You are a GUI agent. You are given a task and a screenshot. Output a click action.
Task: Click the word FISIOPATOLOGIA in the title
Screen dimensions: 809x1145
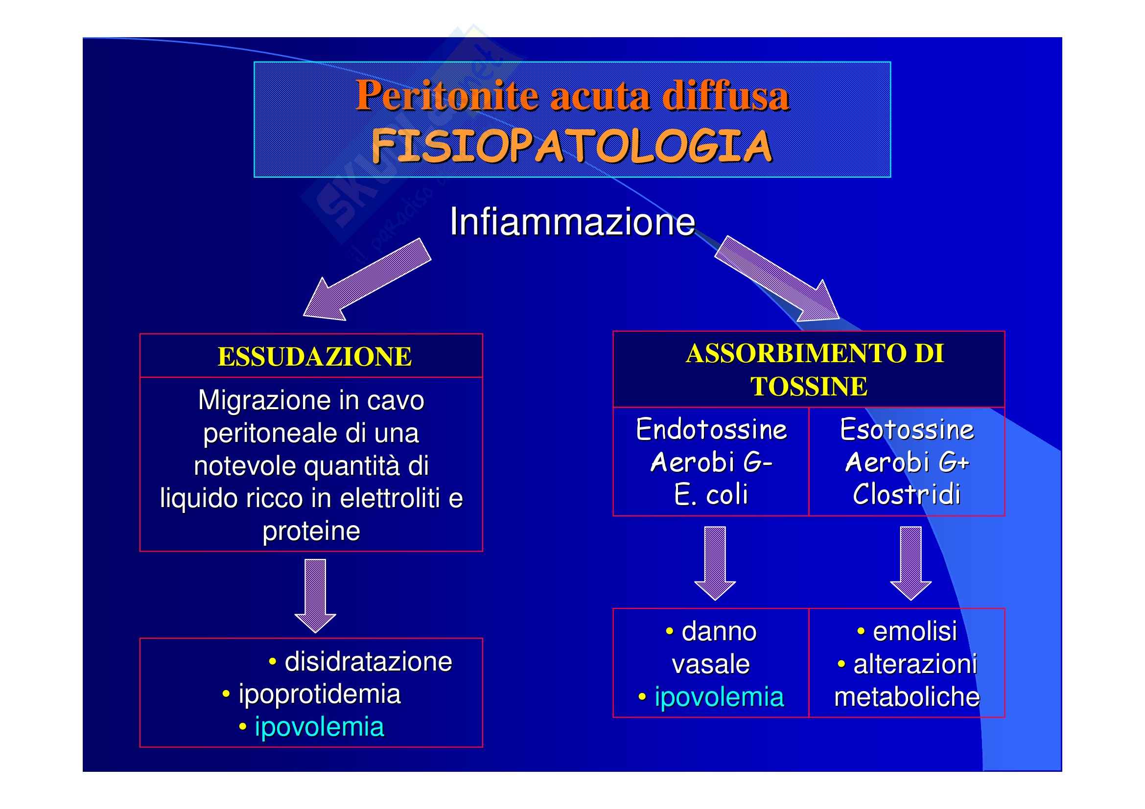tap(571, 146)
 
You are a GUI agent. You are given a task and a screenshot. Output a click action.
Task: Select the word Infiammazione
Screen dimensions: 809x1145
tap(572, 222)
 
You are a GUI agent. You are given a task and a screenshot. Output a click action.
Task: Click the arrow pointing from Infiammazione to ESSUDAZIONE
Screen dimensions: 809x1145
tap(366, 280)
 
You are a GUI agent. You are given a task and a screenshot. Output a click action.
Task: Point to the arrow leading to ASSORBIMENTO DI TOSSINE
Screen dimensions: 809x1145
tap(778, 279)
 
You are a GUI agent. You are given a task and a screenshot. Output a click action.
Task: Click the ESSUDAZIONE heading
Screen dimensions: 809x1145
tap(315, 357)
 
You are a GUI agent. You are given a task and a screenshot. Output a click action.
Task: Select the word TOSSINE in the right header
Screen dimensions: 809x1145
tap(808, 387)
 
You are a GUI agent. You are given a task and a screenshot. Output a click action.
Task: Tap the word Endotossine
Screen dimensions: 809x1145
tap(711, 430)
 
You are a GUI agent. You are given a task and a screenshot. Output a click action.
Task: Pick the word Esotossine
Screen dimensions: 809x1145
tap(907, 430)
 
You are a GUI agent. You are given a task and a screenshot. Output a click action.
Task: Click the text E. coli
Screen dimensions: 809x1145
tap(711, 495)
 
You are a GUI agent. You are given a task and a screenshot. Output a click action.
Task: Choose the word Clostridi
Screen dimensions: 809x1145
tap(907, 495)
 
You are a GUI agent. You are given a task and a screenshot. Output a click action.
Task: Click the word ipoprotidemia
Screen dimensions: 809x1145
tap(319, 694)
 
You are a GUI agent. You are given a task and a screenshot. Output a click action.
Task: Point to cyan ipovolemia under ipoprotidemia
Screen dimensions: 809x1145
tap(319, 727)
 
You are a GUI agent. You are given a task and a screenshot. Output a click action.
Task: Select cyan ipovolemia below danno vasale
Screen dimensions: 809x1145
tap(719, 697)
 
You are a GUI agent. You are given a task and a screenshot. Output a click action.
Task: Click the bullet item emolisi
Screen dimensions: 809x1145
tap(914, 631)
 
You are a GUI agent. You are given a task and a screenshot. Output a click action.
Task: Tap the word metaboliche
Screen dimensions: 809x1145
tap(907, 697)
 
